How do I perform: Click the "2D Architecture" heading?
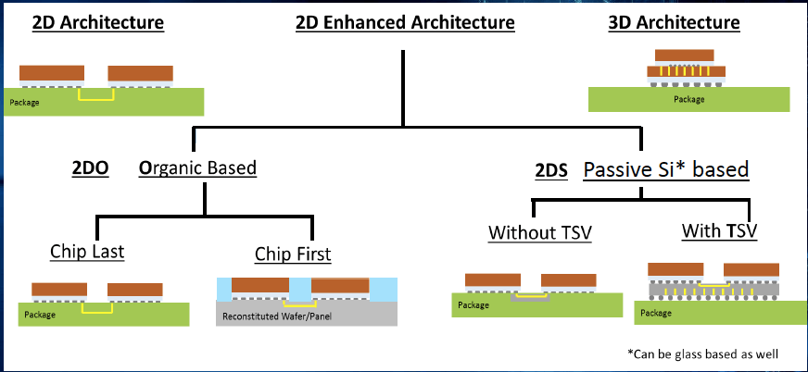click(98, 22)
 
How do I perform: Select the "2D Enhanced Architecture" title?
click(405, 22)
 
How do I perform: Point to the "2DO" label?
click(90, 168)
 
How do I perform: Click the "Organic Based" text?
click(197, 168)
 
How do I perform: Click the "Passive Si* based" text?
click(665, 170)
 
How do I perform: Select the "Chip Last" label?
click(87, 252)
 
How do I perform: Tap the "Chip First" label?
click(293, 254)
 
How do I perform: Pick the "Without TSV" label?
click(540, 232)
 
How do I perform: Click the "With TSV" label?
click(719, 229)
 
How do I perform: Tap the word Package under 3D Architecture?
click(688, 99)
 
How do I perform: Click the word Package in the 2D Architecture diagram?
click(24, 102)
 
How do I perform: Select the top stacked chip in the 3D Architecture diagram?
click(677, 56)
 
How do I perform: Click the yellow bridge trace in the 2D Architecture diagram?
click(96, 95)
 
